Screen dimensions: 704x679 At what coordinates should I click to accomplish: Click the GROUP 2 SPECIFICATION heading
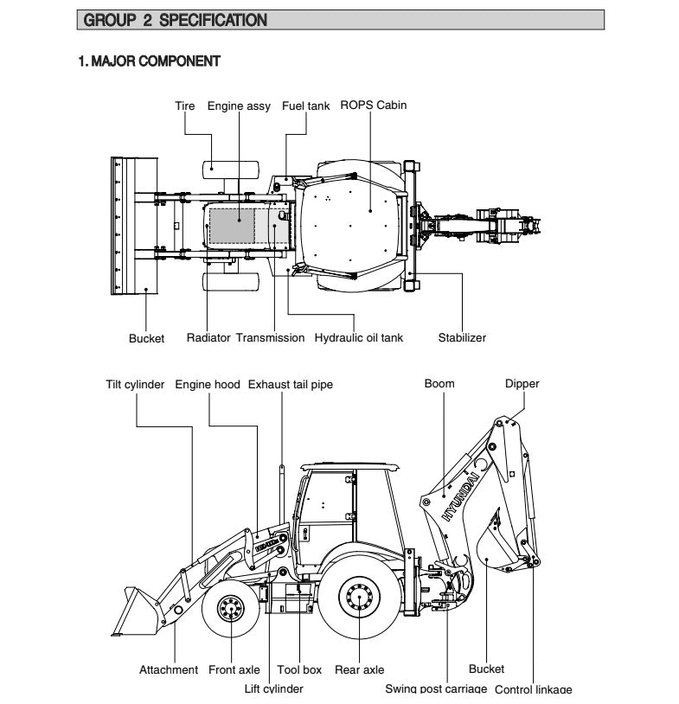[172, 19]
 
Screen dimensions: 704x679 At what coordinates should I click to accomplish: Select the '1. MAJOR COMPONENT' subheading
[149, 61]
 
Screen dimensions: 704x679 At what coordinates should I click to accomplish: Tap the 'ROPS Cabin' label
[373, 106]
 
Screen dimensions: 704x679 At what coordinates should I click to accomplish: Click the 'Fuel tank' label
[305, 106]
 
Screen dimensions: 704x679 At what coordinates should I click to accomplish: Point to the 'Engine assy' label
[239, 106]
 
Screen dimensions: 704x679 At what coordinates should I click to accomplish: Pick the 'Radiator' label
[208, 338]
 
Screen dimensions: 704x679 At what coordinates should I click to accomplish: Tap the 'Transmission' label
[270, 338]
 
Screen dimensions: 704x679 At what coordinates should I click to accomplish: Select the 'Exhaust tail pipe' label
[290, 384]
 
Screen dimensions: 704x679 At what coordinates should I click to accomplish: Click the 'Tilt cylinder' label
[135, 384]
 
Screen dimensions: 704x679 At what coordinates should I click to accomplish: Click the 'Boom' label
[439, 384]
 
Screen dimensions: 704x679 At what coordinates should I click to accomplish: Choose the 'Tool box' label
[299, 669]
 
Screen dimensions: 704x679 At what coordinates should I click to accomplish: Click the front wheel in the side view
[232, 610]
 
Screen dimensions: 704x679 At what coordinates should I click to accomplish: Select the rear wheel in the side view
[357, 596]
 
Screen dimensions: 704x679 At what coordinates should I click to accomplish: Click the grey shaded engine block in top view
[233, 227]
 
